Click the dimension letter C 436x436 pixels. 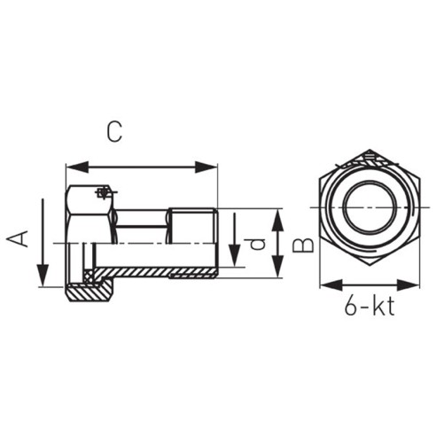[x=114, y=131]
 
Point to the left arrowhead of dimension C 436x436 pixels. [x=77, y=167]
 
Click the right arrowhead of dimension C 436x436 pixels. [x=206, y=167]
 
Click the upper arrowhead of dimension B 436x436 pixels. [x=277, y=220]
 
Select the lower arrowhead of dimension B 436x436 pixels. [x=277, y=267]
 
